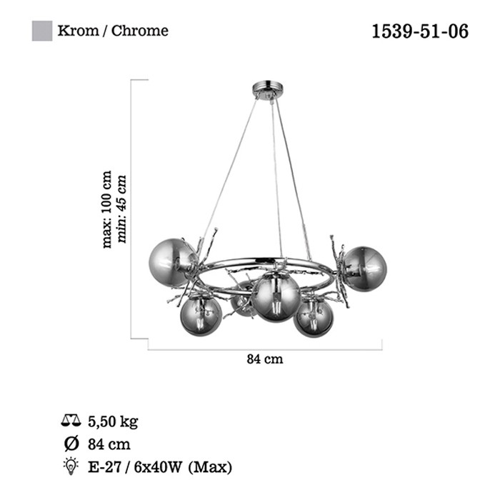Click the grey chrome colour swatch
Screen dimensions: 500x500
point(42,31)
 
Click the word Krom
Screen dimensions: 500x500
point(78,31)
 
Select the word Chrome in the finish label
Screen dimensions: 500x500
point(140,31)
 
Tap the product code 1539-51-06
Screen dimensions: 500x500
point(420,31)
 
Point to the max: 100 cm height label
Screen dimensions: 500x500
point(107,209)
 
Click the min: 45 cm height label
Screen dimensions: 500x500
point(122,209)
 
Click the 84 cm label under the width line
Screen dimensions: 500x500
point(265,359)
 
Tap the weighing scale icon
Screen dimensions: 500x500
point(71,421)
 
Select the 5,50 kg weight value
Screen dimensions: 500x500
point(113,421)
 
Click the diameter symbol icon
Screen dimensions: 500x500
point(71,444)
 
